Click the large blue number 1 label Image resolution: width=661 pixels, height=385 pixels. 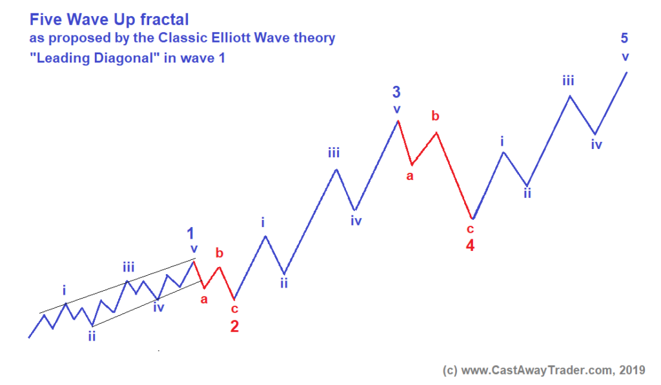190,233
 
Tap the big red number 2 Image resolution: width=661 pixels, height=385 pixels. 234,326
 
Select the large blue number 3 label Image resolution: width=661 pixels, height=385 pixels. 396,93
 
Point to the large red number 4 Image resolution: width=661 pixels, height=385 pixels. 471,245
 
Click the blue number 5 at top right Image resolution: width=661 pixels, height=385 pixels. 624,38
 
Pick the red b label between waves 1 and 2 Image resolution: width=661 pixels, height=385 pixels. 219,252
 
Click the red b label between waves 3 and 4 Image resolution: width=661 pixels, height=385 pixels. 436,116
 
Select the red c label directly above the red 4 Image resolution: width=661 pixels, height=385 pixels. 471,229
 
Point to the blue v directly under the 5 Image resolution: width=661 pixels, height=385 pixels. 625,56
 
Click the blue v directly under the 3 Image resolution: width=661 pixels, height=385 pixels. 397,109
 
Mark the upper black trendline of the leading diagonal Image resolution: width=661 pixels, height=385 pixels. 116,286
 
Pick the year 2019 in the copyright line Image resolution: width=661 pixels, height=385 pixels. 631,370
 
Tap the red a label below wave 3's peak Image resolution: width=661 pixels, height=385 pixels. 409,175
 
